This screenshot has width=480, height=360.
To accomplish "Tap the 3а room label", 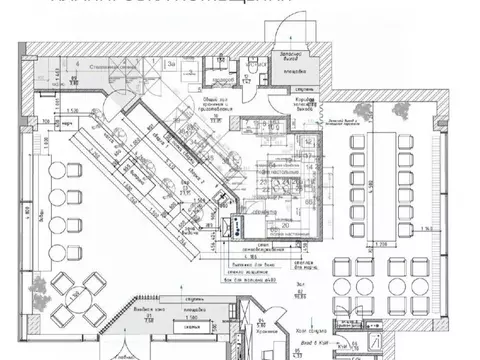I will (x=172, y=63).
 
